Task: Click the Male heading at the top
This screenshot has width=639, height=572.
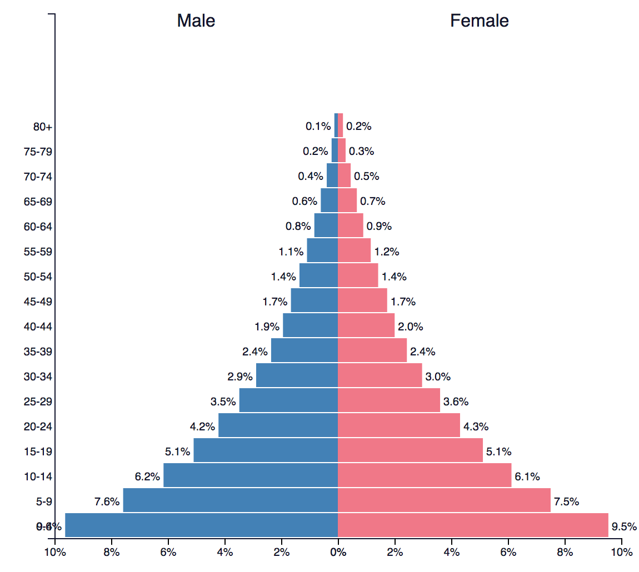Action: click(196, 21)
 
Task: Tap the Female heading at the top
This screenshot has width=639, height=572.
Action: click(479, 21)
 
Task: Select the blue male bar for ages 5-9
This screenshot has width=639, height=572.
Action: click(230, 500)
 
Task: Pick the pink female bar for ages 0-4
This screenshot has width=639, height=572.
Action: click(473, 525)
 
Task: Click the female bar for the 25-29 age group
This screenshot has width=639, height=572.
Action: click(389, 400)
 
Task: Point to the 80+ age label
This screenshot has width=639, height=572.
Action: click(43, 127)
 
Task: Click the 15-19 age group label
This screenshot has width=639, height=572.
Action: click(38, 451)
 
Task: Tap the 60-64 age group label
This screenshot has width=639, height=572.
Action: click(38, 227)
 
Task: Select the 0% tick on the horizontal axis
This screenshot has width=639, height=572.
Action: click(338, 552)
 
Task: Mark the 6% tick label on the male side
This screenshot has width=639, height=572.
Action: click(168, 552)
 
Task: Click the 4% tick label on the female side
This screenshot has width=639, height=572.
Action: click(452, 552)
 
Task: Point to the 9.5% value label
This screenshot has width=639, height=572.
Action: click(624, 526)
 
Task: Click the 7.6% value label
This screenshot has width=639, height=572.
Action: click(107, 502)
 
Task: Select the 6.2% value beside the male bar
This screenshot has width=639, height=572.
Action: click(147, 476)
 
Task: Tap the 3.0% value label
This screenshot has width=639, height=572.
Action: click(438, 377)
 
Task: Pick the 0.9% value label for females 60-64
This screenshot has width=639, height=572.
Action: click(379, 226)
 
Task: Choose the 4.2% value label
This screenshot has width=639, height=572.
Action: click(202, 427)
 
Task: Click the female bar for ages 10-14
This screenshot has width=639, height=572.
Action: click(425, 475)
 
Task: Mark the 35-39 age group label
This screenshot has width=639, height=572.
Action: click(38, 352)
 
